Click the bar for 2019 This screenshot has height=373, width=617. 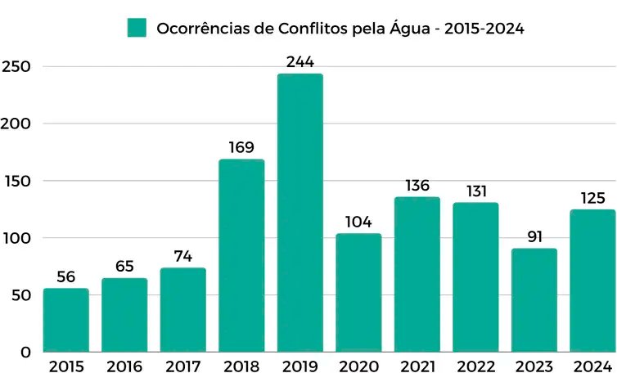click(299, 213)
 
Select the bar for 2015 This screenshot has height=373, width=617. click(65, 320)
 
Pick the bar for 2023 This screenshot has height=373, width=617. click(534, 300)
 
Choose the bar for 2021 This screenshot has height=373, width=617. click(417, 274)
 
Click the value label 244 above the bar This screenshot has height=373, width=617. click(299, 62)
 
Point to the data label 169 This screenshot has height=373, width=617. click(241, 148)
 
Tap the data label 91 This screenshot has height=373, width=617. click(534, 237)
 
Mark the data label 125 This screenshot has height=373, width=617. click(592, 198)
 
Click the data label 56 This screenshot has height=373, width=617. click(65, 277)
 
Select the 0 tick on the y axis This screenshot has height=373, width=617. click(26, 353)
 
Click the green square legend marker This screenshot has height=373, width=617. click(136, 28)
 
